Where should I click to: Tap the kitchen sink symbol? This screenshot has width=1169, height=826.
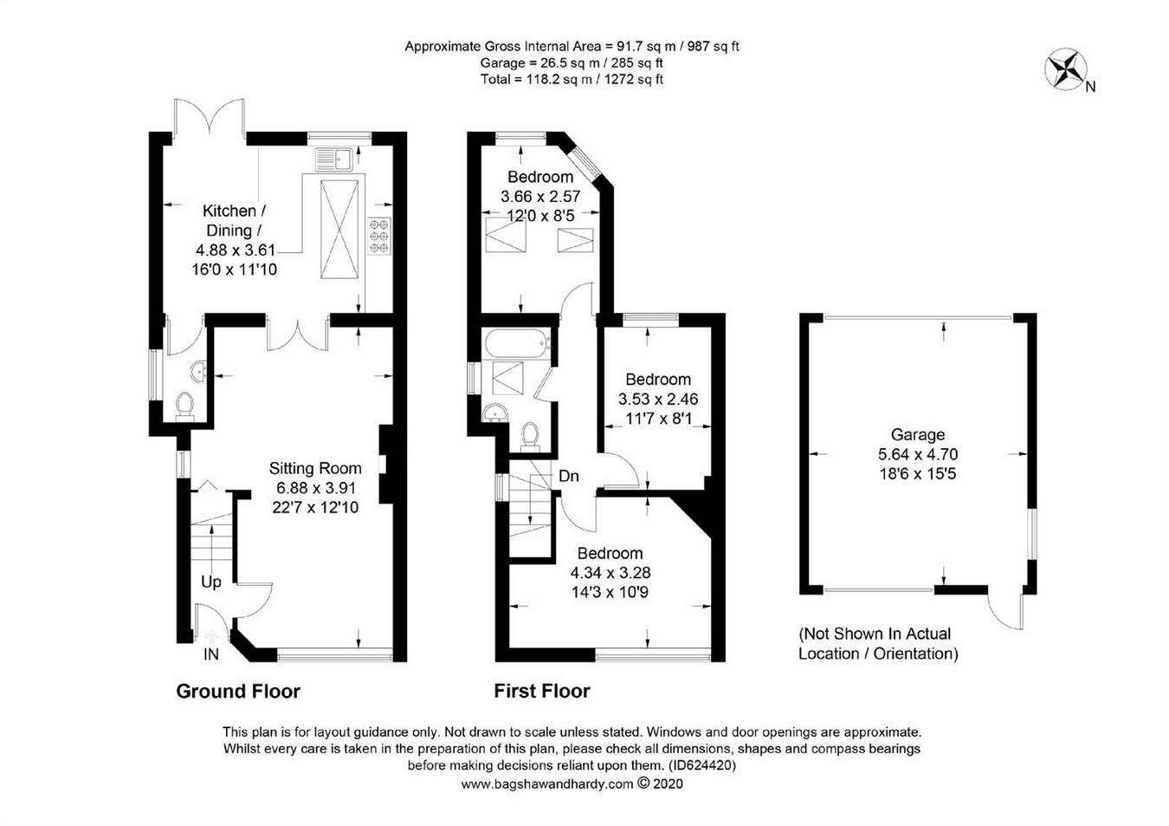[x=333, y=159]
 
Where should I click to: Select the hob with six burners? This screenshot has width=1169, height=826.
[x=379, y=235]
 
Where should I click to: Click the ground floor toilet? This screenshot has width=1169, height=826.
[x=184, y=405]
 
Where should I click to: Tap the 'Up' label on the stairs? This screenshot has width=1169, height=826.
[x=211, y=582]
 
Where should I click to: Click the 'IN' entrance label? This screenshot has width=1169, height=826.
[x=211, y=654]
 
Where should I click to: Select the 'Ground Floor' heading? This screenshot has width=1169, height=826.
[x=238, y=691]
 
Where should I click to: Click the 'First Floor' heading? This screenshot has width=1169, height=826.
[x=542, y=691]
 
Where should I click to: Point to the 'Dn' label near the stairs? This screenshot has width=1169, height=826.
[x=569, y=476]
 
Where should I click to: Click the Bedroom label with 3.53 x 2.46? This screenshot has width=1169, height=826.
[x=658, y=380]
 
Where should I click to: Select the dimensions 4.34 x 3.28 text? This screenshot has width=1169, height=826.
[x=610, y=573]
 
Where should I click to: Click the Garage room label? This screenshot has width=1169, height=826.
[x=918, y=435]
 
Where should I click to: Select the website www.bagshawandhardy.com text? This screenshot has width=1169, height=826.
[x=547, y=784]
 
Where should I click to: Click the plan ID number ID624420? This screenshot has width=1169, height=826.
[x=702, y=765]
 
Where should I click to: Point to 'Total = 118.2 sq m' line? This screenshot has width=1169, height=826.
[x=572, y=79]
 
